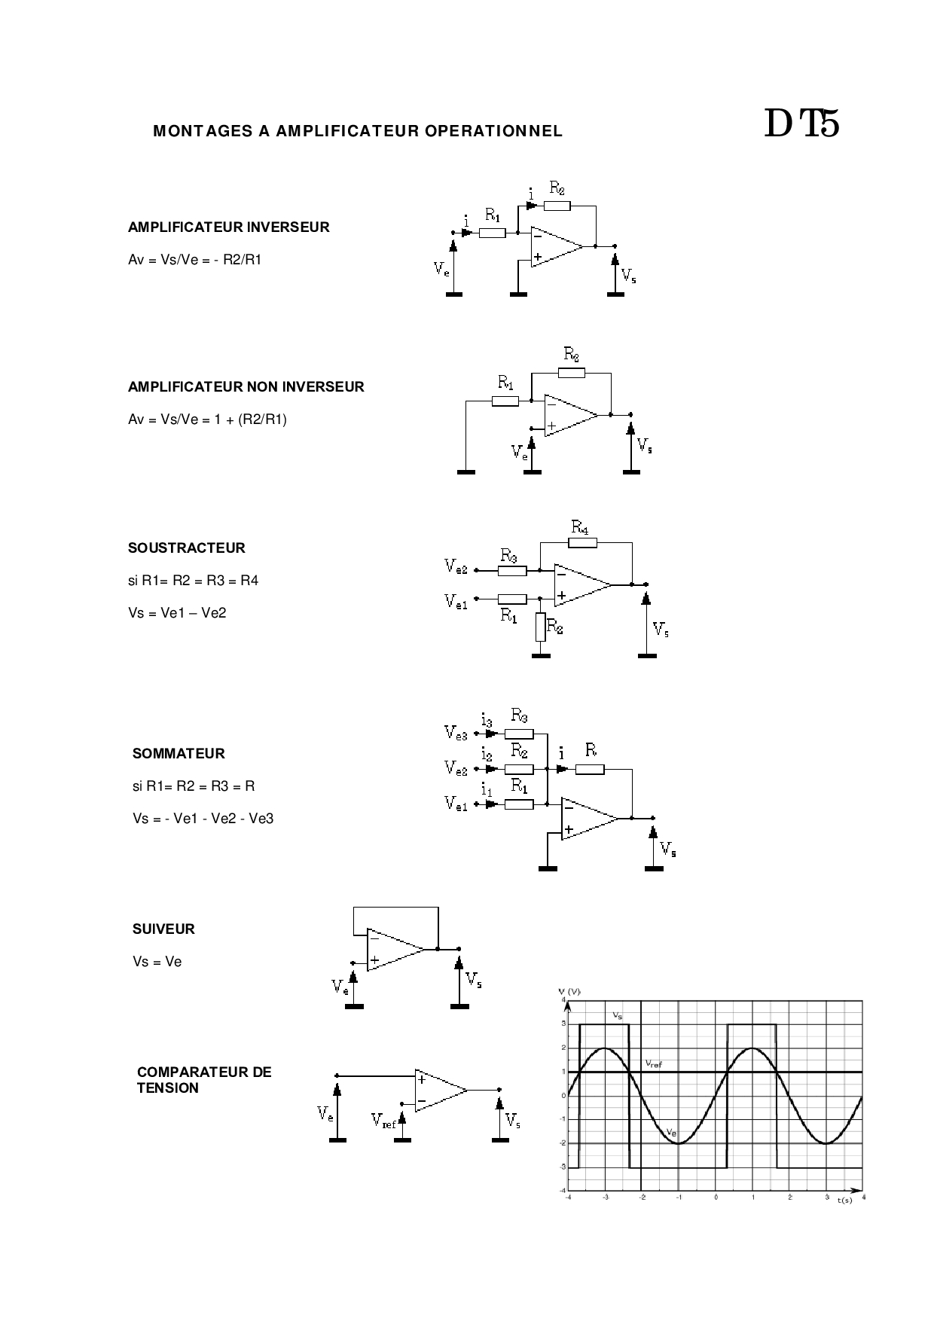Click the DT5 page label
pyautogui.click(x=801, y=124)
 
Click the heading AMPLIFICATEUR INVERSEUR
pyautogui.click(x=228, y=227)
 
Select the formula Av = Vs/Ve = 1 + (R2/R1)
pyautogui.click(x=207, y=419)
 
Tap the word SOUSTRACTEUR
pyautogui.click(x=186, y=548)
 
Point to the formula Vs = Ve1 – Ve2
pyautogui.click(x=177, y=613)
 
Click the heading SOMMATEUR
pyautogui.click(x=179, y=754)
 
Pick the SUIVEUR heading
pyautogui.click(x=163, y=929)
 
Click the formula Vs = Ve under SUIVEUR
pyautogui.click(x=157, y=962)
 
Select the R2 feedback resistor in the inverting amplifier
pyautogui.click(x=557, y=205)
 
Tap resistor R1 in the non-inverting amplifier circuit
pyautogui.click(x=505, y=401)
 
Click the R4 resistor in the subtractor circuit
pyautogui.click(x=583, y=542)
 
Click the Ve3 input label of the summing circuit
pyautogui.click(x=456, y=732)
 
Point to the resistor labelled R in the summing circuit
pyautogui.click(x=590, y=769)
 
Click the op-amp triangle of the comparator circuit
pyautogui.click(x=438, y=1090)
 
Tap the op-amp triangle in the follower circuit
pyautogui.click(x=393, y=950)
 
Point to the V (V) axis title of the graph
pyautogui.click(x=569, y=991)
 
